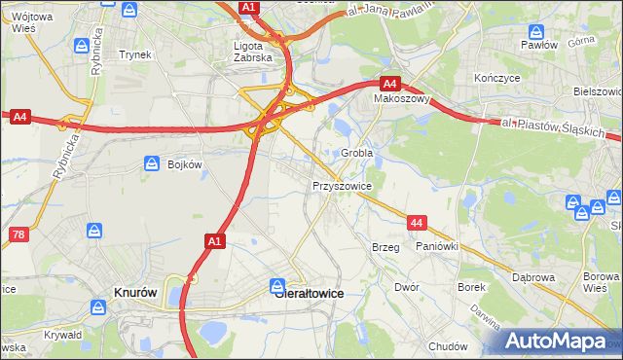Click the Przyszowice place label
click(x=342, y=184)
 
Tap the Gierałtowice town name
click(x=310, y=291)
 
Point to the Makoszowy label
click(x=403, y=98)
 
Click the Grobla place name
click(x=358, y=153)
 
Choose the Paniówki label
click(x=436, y=247)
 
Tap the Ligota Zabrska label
click(x=255, y=51)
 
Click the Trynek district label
click(x=135, y=54)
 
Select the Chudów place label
click(x=448, y=345)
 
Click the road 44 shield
click(x=417, y=224)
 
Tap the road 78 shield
click(x=18, y=234)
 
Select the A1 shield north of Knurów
click(x=215, y=239)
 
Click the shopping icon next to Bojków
click(x=151, y=164)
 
